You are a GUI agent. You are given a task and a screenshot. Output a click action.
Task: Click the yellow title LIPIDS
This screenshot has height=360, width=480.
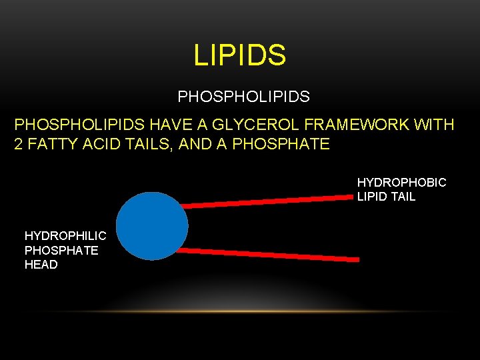(240, 55)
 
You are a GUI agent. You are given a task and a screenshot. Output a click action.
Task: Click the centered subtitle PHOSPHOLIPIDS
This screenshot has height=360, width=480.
(243, 97)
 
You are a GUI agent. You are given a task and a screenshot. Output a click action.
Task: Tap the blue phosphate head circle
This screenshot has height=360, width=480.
(153, 226)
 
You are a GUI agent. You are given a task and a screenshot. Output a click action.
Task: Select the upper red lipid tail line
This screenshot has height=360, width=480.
(267, 201)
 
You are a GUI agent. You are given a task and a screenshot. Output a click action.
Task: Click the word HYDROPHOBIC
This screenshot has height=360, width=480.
(401, 182)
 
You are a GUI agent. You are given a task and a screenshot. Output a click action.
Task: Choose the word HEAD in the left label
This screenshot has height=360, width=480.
(41, 265)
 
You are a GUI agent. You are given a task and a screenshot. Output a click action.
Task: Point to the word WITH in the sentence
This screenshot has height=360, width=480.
(433, 125)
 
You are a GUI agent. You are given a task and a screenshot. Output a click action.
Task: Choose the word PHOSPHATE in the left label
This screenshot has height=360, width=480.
(61, 250)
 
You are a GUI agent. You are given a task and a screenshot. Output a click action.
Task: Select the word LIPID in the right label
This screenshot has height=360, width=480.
(373, 197)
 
